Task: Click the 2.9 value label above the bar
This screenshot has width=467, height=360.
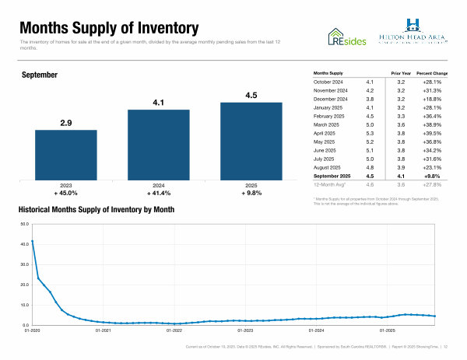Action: pyautogui.click(x=66, y=123)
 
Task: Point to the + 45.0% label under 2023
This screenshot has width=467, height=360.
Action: pyautogui.click(x=66, y=194)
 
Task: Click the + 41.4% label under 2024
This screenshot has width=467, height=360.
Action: pyautogui.click(x=159, y=194)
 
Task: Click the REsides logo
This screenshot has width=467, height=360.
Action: pyautogui.click(x=347, y=36)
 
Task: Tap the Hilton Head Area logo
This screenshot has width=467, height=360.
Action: pyautogui.click(x=412, y=31)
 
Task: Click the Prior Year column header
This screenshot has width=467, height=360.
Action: pyautogui.click(x=401, y=72)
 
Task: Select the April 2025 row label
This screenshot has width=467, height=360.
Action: pyautogui.click(x=327, y=133)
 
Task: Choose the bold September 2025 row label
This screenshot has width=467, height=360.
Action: pyautogui.click(x=333, y=176)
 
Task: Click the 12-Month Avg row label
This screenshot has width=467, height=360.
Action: pyautogui.click(x=329, y=184)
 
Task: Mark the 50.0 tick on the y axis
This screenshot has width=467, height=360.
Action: pyautogui.click(x=24, y=224)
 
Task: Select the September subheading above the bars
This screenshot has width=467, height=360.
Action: pyautogui.click(x=40, y=75)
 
